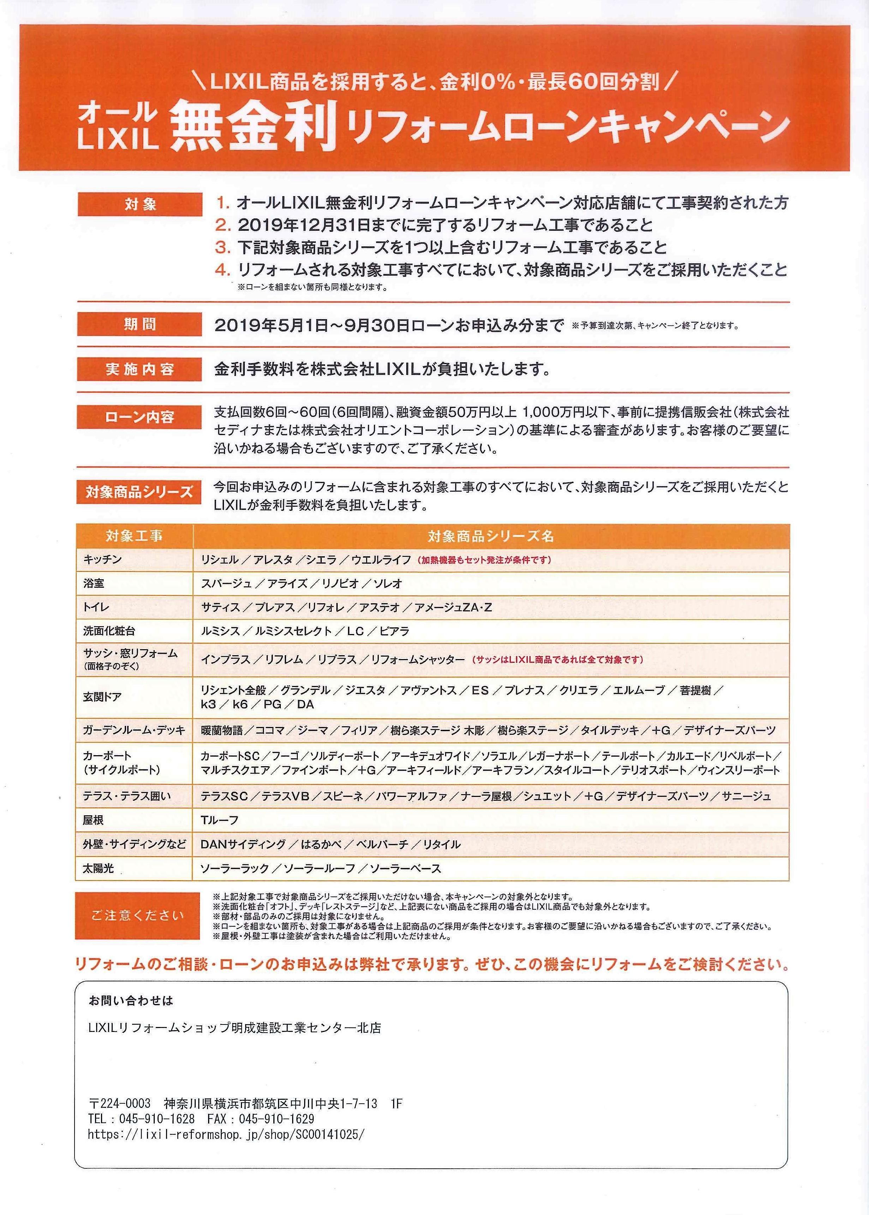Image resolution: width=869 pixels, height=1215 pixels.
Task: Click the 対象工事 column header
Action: (134, 536)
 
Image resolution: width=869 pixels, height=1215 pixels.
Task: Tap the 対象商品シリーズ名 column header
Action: (490, 536)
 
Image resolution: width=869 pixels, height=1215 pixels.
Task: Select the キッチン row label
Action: (103, 559)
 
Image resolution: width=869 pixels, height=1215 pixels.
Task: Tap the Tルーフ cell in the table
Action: (219, 820)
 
